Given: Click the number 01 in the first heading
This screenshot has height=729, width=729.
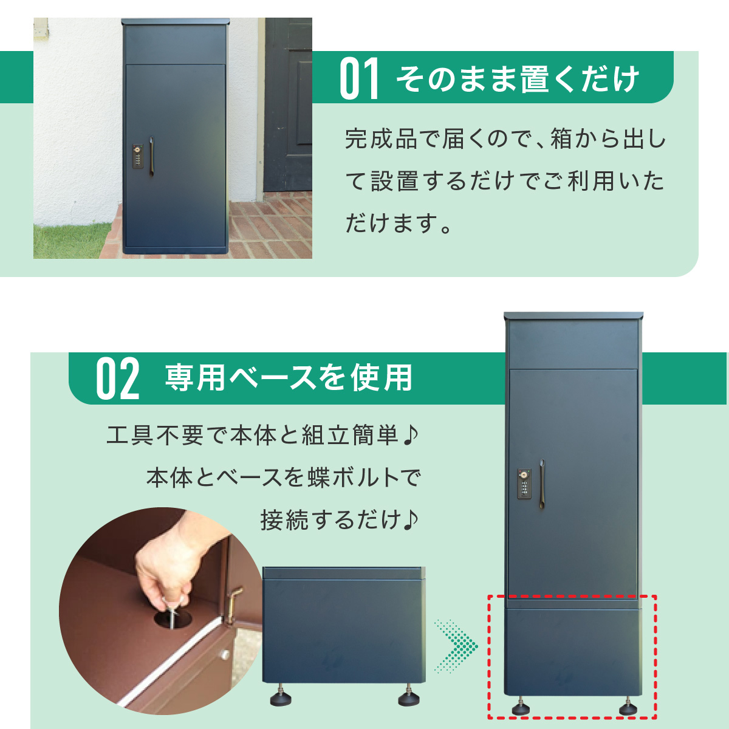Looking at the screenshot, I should point(359,79).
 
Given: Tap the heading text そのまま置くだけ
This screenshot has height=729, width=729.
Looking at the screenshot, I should point(518,80).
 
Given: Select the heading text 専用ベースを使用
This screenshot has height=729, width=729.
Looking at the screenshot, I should point(289,378).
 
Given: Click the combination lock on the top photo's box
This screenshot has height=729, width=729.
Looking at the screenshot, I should point(139,156).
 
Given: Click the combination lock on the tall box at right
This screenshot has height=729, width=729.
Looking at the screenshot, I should point(523,484).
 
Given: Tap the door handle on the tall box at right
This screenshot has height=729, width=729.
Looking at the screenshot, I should point(542,482).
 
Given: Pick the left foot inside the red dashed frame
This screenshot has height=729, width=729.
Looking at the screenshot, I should point(521,708).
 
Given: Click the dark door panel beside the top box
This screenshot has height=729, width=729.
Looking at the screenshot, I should point(289,103).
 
